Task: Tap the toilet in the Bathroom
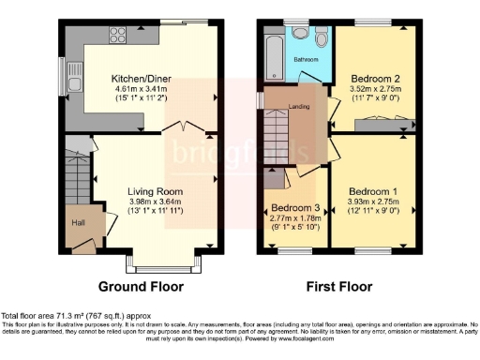pos(321,38)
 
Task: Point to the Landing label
pos(300,106)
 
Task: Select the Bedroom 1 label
pos(373,188)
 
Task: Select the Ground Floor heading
pos(142,287)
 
